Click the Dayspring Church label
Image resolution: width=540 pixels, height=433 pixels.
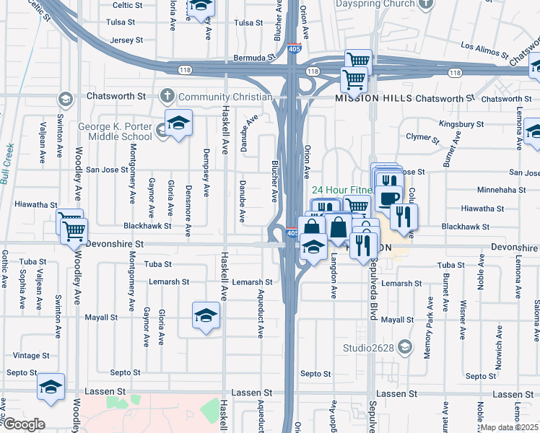pyautogui.click(x=375, y=4)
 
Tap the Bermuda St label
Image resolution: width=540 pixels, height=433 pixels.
pyautogui.click(x=255, y=56)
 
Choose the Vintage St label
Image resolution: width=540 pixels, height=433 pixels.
pyautogui.click(x=31, y=355)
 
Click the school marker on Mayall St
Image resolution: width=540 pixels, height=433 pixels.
pyautogui.click(x=206, y=315)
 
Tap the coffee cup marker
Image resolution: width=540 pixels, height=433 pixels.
pyautogui.click(x=388, y=197)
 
